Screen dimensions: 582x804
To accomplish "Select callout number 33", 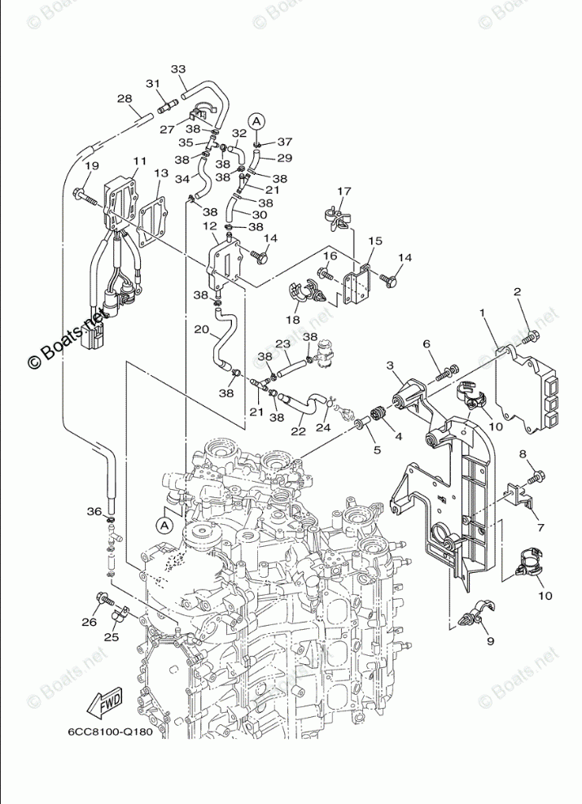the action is click(178, 69).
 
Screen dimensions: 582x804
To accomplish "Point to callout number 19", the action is click(91, 166).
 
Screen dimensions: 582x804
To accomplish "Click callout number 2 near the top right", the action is click(518, 292).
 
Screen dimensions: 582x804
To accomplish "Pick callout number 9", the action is click(490, 641).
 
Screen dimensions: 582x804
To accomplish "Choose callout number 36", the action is click(94, 511).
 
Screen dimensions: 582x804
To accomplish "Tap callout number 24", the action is click(323, 428).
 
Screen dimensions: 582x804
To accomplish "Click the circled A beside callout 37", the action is click(257, 121).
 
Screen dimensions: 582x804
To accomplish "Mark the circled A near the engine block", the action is click(164, 525).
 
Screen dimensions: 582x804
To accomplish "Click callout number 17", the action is click(344, 191).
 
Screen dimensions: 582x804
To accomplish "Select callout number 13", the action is click(161, 173).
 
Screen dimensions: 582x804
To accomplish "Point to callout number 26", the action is click(90, 622).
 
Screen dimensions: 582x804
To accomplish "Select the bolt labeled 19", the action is click(85, 196).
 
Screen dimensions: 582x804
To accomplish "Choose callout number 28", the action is click(125, 98).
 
